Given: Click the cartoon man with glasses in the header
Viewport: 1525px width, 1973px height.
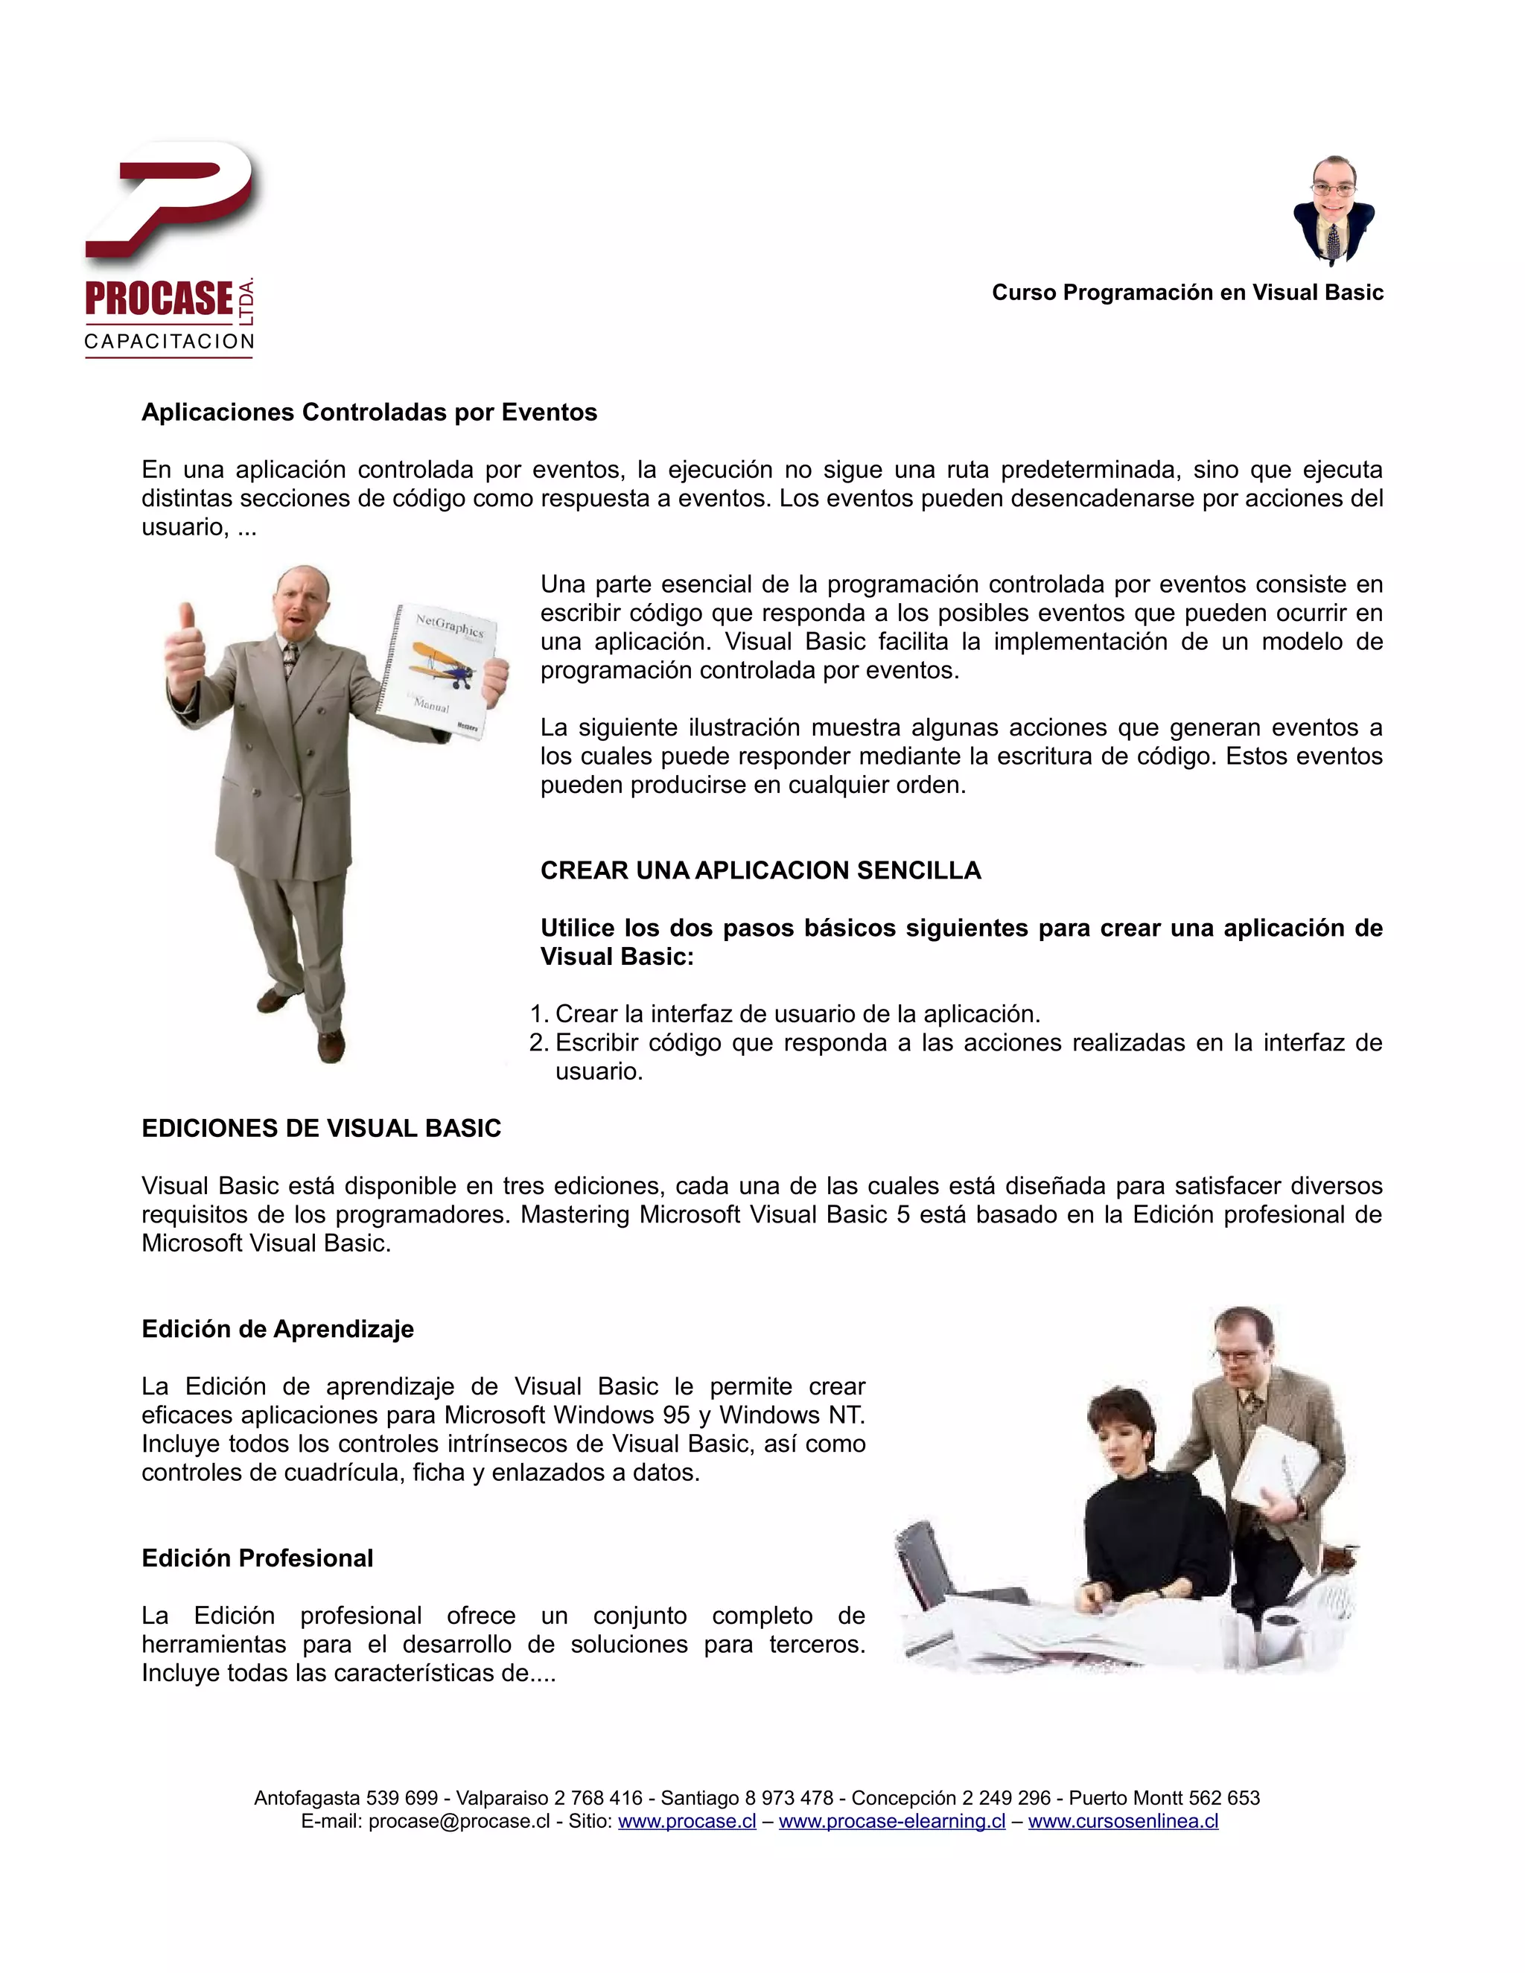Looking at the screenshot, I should (x=1334, y=210).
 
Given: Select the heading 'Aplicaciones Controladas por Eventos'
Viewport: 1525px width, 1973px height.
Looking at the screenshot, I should (x=369, y=413).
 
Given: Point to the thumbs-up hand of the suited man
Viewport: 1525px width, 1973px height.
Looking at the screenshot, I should (x=185, y=643).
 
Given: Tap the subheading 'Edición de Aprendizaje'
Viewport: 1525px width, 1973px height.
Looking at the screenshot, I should (x=277, y=1330).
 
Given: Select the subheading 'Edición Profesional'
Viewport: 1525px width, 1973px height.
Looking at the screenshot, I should (x=257, y=1558).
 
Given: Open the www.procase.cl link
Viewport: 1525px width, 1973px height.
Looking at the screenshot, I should (x=687, y=1821).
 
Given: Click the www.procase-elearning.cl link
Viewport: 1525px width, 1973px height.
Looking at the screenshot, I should (x=891, y=1821).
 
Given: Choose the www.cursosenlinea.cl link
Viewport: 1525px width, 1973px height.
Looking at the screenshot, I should (x=1123, y=1821).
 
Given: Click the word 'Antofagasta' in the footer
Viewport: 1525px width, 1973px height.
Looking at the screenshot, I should (x=308, y=1798).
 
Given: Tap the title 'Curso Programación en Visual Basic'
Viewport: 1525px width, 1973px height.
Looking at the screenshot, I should (x=1187, y=293).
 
